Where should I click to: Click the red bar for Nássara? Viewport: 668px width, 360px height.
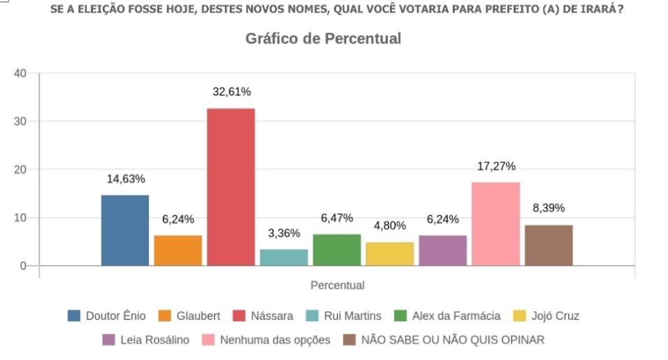pyautogui.click(x=231, y=187)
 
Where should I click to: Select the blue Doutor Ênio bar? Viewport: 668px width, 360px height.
pyautogui.click(x=125, y=230)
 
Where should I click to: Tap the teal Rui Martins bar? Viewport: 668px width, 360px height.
pyautogui.click(x=284, y=257)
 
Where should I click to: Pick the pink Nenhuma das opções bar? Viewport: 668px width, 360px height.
pyautogui.click(x=495, y=224)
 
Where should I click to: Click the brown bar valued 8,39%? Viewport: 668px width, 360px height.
pyautogui.click(x=549, y=245)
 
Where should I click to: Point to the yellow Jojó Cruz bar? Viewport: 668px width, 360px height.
pyautogui.click(x=390, y=254)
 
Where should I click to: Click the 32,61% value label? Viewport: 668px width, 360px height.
pyautogui.click(x=231, y=92)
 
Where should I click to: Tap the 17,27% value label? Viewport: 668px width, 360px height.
pyautogui.click(x=496, y=166)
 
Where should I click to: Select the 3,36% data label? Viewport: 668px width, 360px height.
pyautogui.click(x=284, y=233)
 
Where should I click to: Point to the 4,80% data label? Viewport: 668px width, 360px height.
pyautogui.click(x=390, y=226)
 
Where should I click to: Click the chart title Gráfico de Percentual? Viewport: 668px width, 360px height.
pyautogui.click(x=323, y=39)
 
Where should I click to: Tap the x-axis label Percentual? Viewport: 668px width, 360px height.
pyautogui.click(x=337, y=285)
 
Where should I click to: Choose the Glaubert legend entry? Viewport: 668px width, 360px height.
pyautogui.click(x=189, y=316)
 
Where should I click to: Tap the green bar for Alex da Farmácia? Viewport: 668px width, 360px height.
pyautogui.click(x=337, y=250)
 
